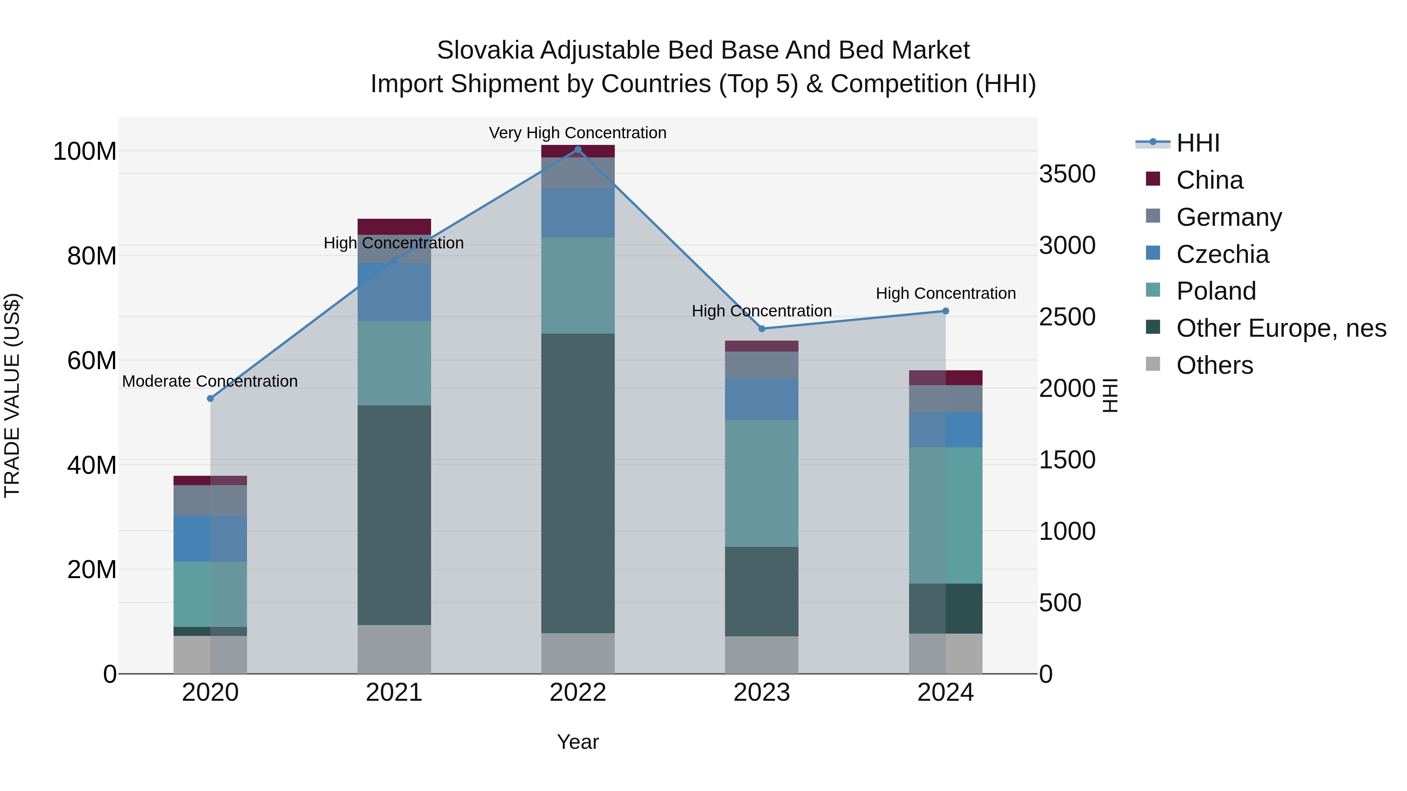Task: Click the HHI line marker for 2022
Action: point(578,150)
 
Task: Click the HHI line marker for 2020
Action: point(210,398)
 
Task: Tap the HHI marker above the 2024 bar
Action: point(945,311)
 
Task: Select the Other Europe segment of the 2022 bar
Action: point(578,483)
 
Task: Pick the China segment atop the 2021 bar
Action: point(394,227)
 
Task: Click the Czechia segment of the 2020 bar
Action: point(210,538)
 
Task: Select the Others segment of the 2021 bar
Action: point(394,649)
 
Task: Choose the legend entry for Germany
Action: point(1229,217)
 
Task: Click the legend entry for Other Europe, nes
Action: point(1281,328)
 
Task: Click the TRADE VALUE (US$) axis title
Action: point(12,395)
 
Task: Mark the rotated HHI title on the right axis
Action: point(1110,395)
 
